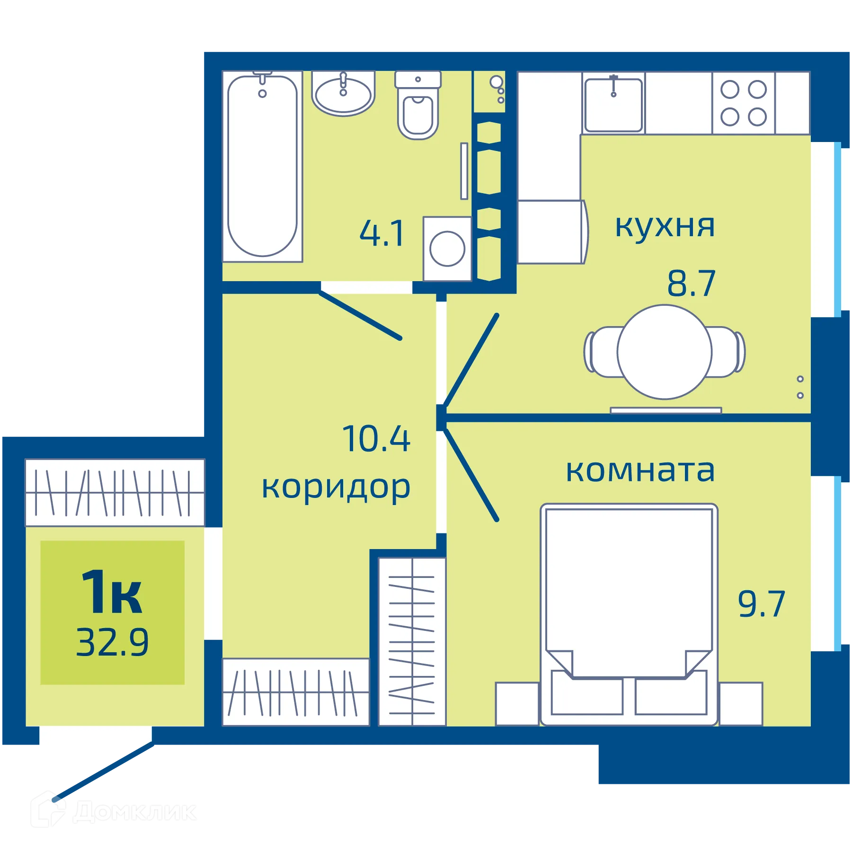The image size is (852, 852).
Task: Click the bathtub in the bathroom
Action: [x=262, y=166]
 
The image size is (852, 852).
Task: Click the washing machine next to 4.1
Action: [x=447, y=248]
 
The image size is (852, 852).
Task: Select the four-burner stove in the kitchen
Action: [x=743, y=103]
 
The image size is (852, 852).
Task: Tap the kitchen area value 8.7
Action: [x=691, y=284]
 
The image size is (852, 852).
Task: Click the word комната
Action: [x=640, y=470]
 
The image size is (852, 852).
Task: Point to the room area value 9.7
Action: [x=761, y=604]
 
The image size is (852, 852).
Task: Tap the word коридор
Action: [x=336, y=488]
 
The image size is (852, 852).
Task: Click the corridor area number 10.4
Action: [x=376, y=439]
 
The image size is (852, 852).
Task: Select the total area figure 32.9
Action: [x=112, y=642]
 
